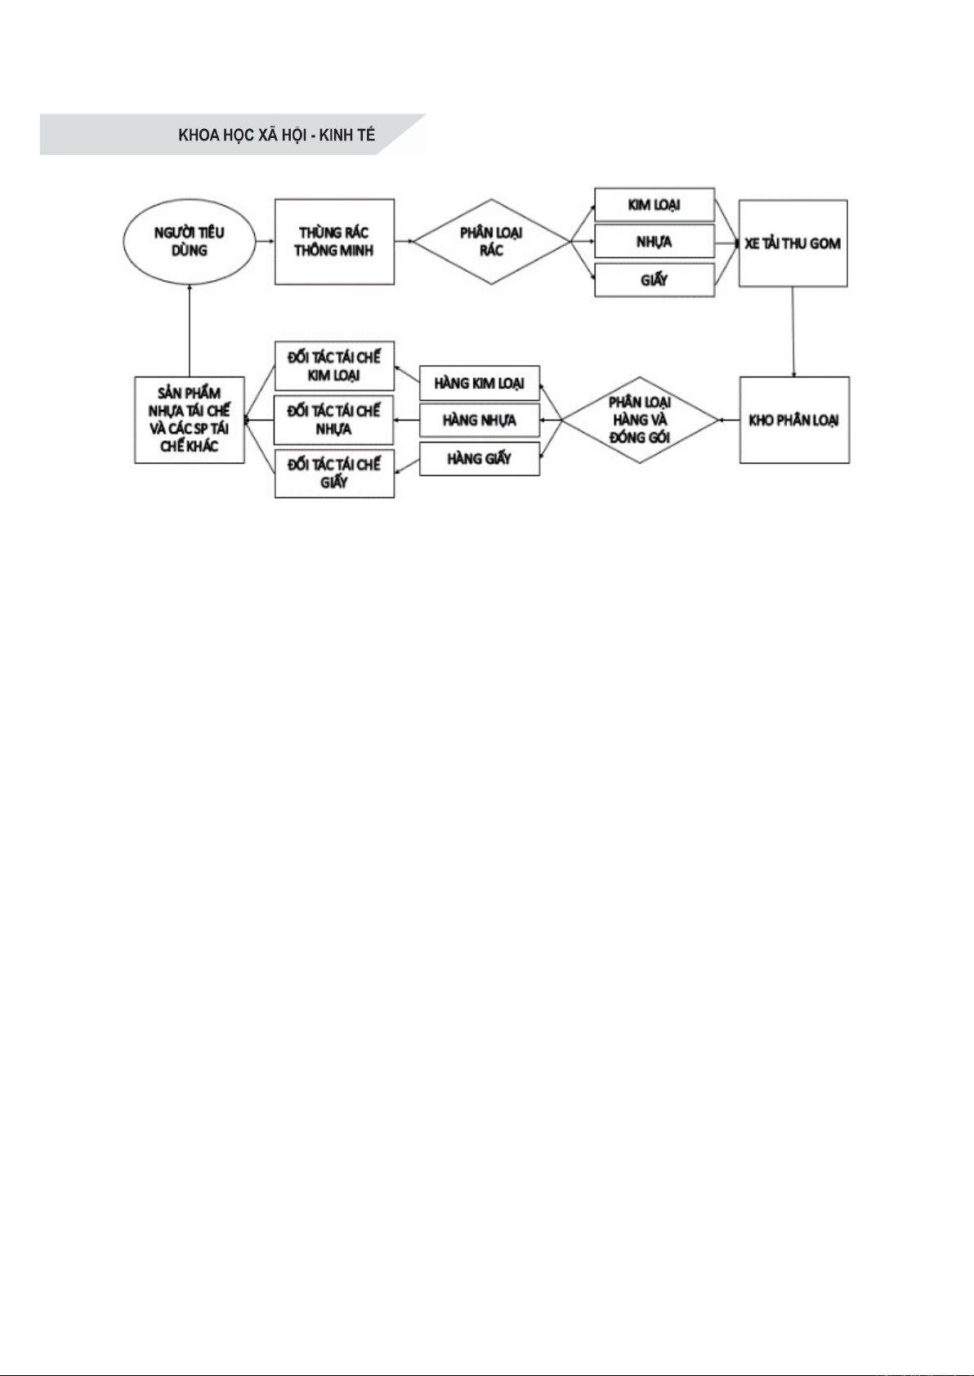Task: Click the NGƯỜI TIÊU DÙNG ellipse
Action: pos(189,242)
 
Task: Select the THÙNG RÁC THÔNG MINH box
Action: pos(334,242)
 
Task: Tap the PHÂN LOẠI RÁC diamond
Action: pos(490,242)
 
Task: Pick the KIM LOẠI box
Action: pos(654,204)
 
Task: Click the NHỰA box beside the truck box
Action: pos(654,242)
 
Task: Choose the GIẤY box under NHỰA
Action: pos(654,280)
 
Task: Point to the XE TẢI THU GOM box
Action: pos(793,243)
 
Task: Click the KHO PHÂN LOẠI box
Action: pos(793,420)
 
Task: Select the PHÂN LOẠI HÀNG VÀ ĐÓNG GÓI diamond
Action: pos(640,420)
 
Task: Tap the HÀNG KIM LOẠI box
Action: pos(479,383)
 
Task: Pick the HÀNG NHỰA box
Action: pos(479,420)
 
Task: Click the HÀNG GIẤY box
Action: pos(479,458)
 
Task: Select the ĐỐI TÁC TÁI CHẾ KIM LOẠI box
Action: pos(334,366)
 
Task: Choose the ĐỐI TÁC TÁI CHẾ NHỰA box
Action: pos(334,420)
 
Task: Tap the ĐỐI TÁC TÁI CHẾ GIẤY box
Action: pos(334,473)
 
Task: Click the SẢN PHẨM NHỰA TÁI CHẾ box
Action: pos(189,420)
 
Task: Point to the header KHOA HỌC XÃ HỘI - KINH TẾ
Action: pos(276,135)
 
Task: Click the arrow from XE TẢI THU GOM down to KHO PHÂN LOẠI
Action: pos(793,332)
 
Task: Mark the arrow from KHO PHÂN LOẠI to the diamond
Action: pos(729,420)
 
